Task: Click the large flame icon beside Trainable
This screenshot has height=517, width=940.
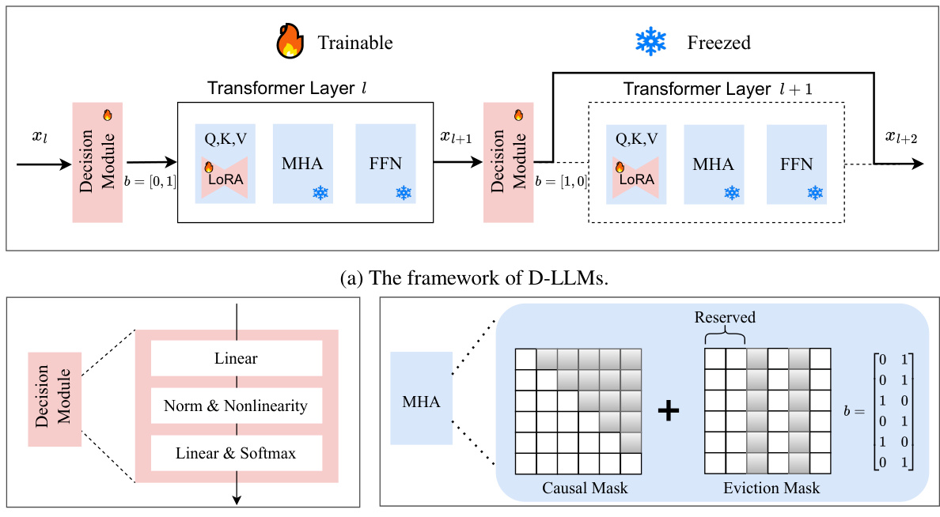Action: pyautogui.click(x=290, y=41)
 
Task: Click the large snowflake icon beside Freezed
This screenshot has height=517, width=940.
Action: pyautogui.click(x=650, y=41)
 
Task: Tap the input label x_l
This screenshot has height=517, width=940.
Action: pyautogui.click(x=40, y=137)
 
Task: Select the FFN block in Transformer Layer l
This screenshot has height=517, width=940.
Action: pyautogui.click(x=385, y=164)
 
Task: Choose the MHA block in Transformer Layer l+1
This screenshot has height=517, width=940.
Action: pyautogui.click(x=712, y=164)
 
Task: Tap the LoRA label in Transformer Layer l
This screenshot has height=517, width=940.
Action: pyautogui.click(x=226, y=179)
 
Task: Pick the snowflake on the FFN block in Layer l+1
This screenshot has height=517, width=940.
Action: pyautogui.click(x=814, y=192)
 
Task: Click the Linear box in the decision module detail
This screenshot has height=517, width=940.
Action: pyautogui.click(x=236, y=358)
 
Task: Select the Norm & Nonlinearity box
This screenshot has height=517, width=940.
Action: pyautogui.click(x=236, y=406)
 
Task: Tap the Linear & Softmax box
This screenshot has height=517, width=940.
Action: pyautogui.click(x=236, y=453)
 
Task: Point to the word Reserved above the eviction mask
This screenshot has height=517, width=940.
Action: pyautogui.click(x=725, y=318)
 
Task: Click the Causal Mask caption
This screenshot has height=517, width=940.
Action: pyautogui.click(x=585, y=488)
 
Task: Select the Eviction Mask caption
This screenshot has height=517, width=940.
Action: pyautogui.click(x=771, y=488)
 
